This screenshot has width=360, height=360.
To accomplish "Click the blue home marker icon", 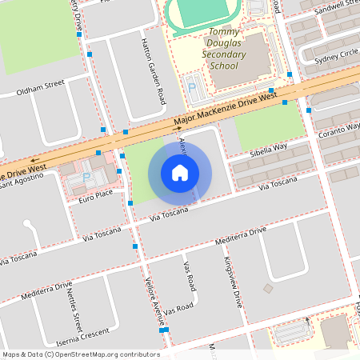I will tap(180, 173).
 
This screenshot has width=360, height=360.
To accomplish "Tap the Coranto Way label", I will tap(338, 127).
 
